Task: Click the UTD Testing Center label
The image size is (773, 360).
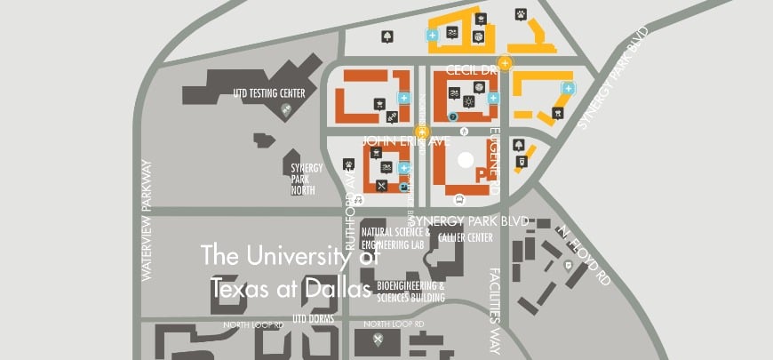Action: (269, 92)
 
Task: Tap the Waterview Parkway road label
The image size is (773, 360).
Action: (147, 220)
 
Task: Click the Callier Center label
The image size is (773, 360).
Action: (465, 237)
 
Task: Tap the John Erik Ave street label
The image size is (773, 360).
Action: (406, 140)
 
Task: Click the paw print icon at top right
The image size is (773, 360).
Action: (521, 13)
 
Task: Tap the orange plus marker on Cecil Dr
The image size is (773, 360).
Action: (505, 62)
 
